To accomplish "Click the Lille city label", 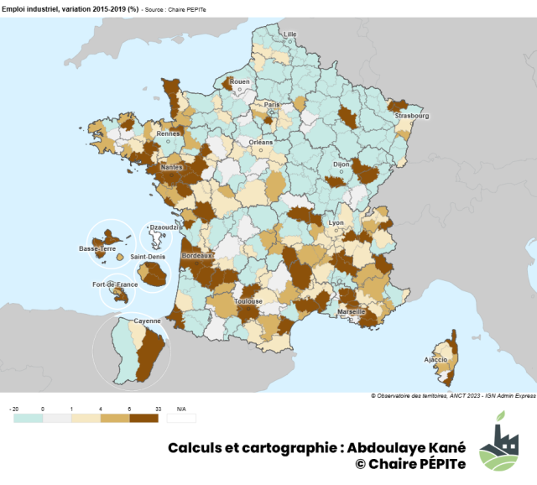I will tap(290, 34).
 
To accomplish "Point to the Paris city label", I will tap(272, 105).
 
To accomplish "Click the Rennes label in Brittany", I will tap(169, 133).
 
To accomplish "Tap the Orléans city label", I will tap(261, 142).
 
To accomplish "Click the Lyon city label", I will tap(336, 223).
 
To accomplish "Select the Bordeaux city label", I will tap(198, 254).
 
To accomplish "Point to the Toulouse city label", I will tap(248, 300).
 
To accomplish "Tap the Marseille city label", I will tap(351, 311).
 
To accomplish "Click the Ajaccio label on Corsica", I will tap(435, 359).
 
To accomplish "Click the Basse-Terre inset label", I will tap(96, 249).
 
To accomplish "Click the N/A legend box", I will tap(181, 417).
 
